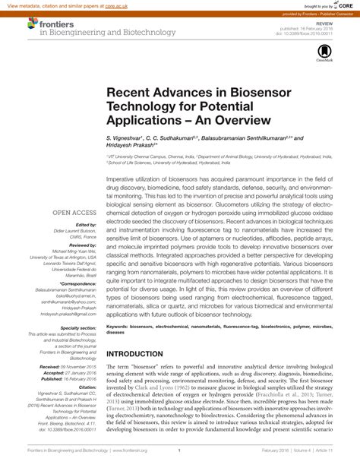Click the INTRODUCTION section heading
pyautogui.click(x=142, y=354)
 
